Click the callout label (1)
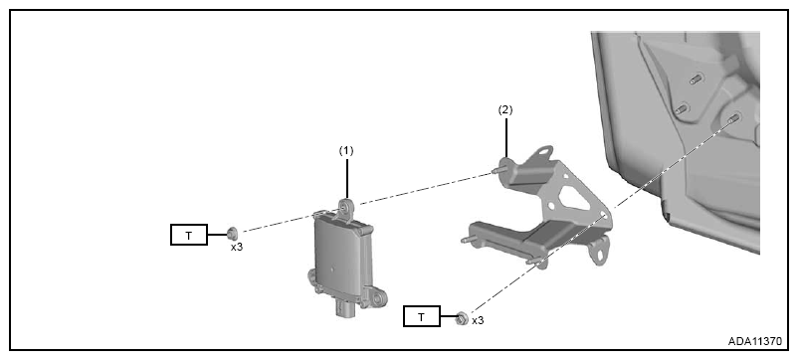(346, 151)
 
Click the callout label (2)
(505, 110)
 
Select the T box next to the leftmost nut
(189, 235)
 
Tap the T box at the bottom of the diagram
(422, 316)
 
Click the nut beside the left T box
(233, 234)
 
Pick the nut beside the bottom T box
(462, 319)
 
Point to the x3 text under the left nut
(237, 248)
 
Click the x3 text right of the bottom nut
(478, 321)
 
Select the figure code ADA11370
(754, 341)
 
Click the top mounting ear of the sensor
(346, 209)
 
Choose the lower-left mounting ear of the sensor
(313, 278)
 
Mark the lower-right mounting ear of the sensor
(378, 297)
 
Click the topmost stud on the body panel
(697, 79)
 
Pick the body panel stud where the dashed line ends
(733, 118)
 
